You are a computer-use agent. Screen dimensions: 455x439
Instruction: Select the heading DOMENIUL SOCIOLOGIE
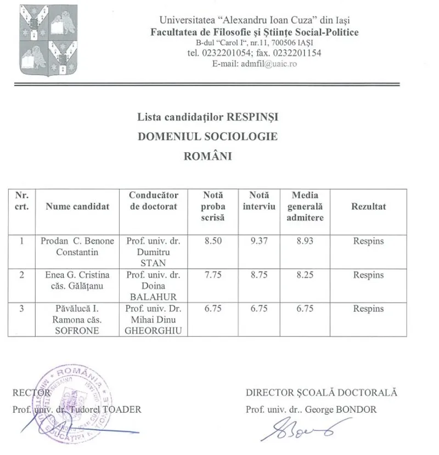208,136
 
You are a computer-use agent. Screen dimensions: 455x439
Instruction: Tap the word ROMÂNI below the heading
208,156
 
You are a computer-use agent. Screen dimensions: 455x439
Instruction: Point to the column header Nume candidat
77,207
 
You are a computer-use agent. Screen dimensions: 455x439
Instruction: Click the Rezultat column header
368,207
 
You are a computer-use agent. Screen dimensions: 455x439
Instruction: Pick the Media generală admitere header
305,207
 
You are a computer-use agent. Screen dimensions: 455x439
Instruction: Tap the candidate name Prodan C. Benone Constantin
77,247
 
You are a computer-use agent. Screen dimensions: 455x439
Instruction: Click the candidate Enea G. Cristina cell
77,280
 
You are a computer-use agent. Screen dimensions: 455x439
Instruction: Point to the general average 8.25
305,275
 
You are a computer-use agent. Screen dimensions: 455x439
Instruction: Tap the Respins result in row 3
368,309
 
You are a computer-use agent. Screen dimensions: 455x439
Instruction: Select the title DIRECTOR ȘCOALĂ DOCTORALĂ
321,393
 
